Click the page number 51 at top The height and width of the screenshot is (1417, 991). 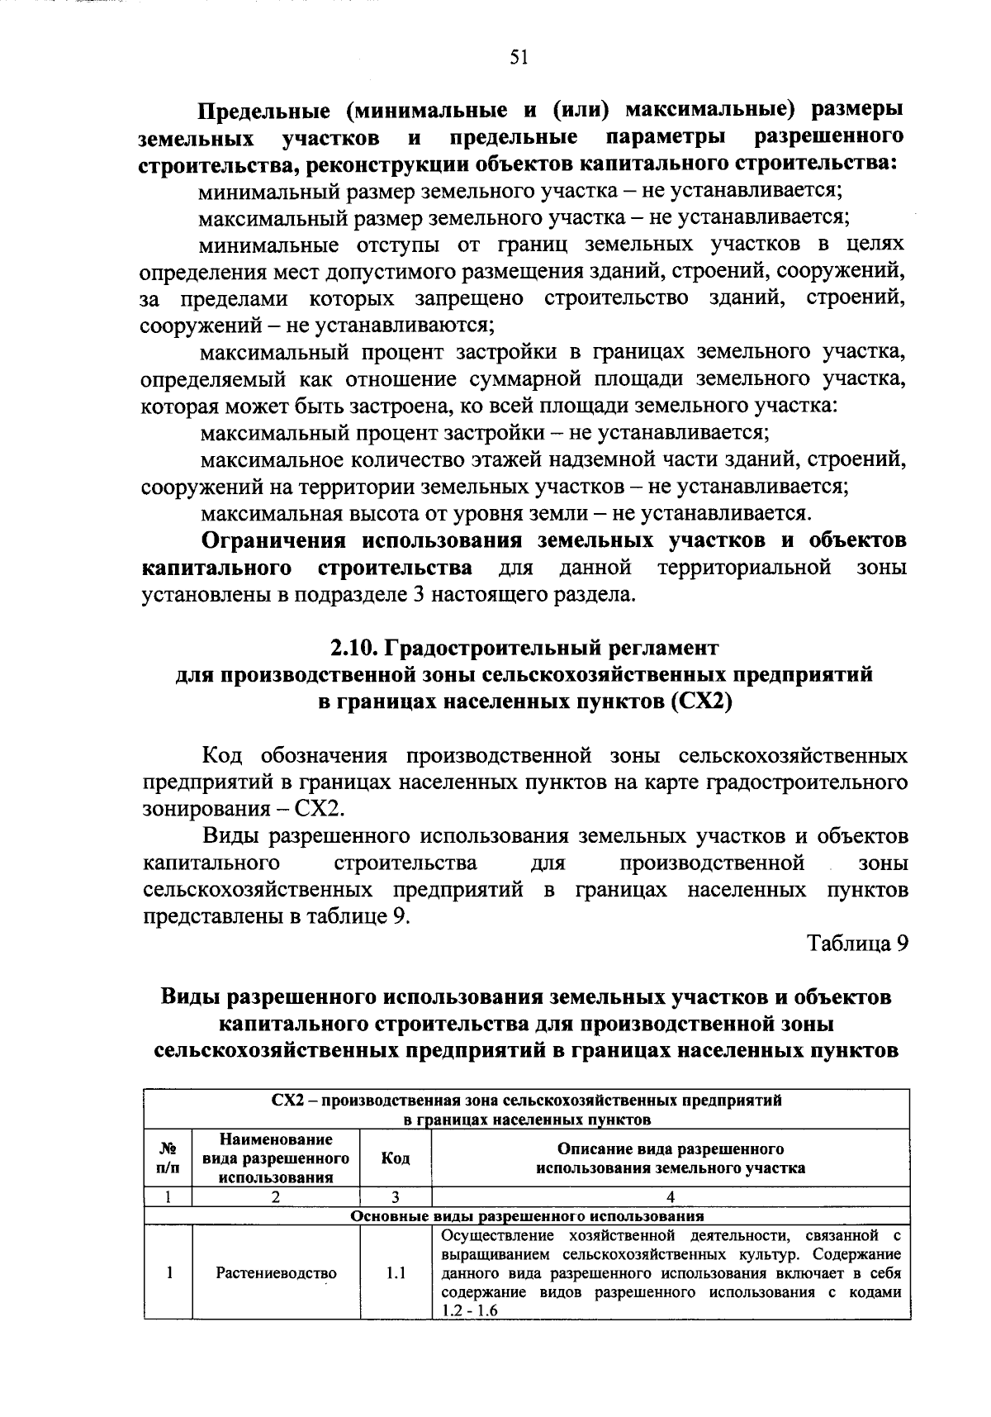point(518,56)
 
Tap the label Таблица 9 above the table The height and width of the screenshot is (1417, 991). point(857,943)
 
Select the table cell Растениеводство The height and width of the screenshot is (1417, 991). point(276,1273)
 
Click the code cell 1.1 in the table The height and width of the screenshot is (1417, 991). point(396,1273)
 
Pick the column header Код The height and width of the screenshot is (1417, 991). point(396,1158)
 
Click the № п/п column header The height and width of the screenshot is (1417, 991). point(168,1158)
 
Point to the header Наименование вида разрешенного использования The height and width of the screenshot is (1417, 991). point(276,1158)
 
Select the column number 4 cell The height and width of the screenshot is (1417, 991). point(671,1197)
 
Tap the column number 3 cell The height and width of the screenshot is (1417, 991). point(396,1197)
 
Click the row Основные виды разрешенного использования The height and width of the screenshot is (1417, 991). point(527,1216)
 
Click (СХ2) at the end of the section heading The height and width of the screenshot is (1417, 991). point(703,701)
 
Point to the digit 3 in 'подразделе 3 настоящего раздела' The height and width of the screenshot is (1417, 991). point(417,595)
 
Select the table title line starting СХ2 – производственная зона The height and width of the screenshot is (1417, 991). point(527,1101)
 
